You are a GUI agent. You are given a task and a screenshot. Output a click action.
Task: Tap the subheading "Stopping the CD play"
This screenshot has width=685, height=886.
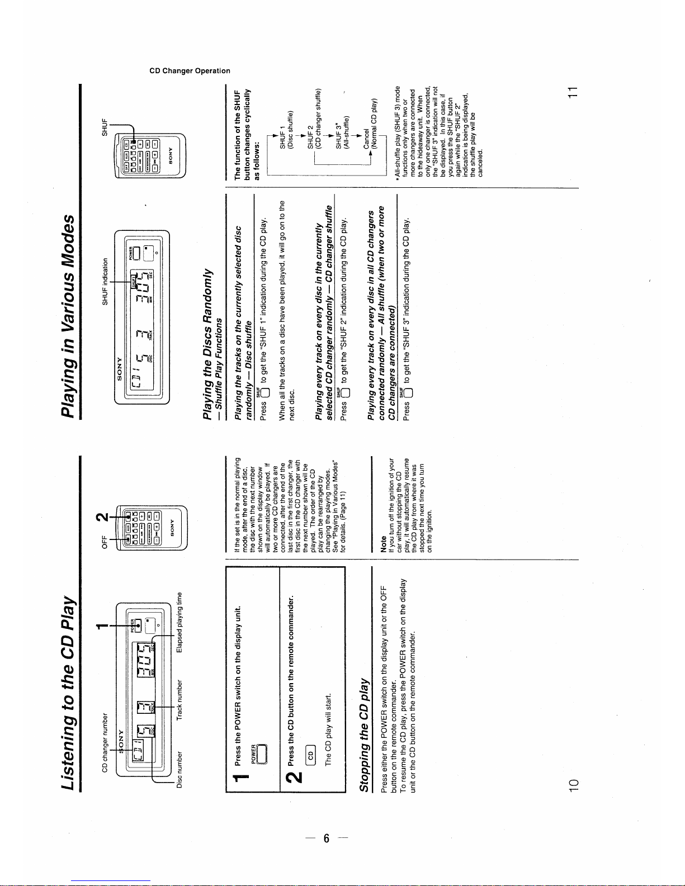tap(365, 735)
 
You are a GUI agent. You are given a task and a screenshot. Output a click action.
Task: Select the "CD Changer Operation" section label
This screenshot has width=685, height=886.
tap(190, 71)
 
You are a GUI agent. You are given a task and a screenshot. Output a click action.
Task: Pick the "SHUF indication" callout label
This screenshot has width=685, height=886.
tap(105, 281)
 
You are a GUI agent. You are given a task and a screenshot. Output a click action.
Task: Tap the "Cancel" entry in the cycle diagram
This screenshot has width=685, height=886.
tap(366, 136)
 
